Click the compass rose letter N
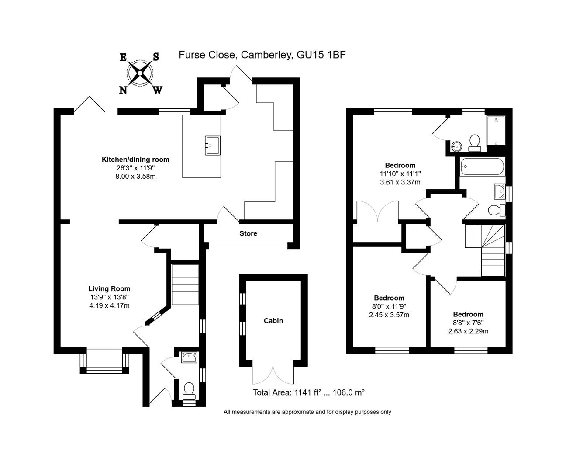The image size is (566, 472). [x=123, y=90]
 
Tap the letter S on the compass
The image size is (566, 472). [x=156, y=57]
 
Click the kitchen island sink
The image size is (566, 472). [x=213, y=146]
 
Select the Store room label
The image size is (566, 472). [x=248, y=233]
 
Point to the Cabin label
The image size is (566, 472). [x=273, y=321]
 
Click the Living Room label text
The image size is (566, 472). [x=109, y=288]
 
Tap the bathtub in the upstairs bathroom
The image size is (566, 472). [x=482, y=167]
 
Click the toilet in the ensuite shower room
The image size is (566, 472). [x=474, y=143]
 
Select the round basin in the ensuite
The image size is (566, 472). [x=456, y=147]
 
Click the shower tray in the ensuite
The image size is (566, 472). [x=496, y=131]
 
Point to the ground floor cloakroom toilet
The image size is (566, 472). [x=189, y=391]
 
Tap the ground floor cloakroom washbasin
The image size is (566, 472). [x=189, y=357]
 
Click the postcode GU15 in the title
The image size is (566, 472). [x=311, y=55]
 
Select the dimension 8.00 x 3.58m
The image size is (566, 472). [x=135, y=176]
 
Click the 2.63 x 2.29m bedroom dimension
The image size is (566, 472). [x=468, y=331]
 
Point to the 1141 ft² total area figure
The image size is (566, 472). [x=308, y=392]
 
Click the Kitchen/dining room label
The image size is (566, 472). [x=135, y=160]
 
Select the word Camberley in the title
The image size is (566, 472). [x=267, y=55]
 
